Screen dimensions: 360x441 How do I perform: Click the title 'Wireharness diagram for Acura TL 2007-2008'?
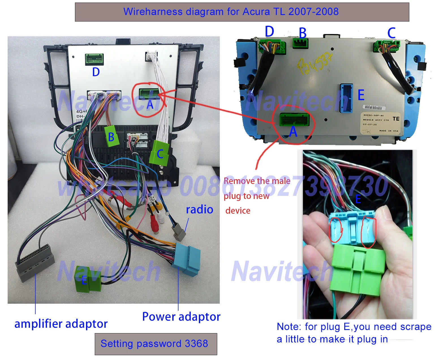(231, 12)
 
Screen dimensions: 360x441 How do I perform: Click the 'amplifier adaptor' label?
(61, 323)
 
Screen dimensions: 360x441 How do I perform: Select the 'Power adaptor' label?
(181, 316)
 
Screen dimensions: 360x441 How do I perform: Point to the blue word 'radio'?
(199, 209)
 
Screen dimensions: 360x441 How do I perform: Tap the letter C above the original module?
(391, 33)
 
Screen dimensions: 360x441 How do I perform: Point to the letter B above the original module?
(302, 33)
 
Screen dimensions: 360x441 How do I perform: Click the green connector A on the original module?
(294, 120)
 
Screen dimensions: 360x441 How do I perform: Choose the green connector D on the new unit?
(94, 59)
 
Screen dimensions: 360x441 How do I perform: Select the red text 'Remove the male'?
(257, 181)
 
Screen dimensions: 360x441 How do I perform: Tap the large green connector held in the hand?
(358, 269)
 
